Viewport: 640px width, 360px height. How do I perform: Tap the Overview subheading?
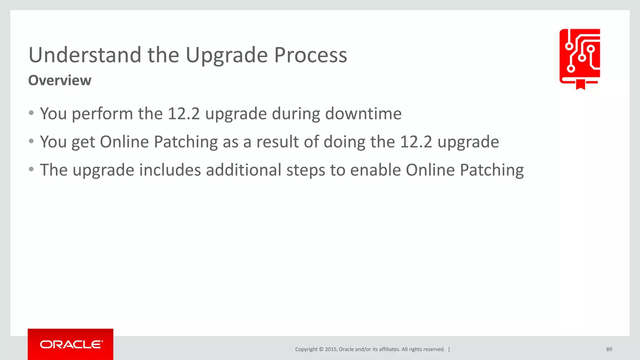(60, 80)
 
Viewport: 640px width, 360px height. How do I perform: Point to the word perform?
(102, 114)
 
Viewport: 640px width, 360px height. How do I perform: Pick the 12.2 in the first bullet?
(183, 113)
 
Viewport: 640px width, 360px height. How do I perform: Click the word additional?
(243, 170)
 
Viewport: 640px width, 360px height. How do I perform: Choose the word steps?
(305, 171)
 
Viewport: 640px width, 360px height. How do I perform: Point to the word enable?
(375, 170)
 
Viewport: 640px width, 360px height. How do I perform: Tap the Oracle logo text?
(71, 344)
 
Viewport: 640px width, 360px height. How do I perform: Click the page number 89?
(609, 349)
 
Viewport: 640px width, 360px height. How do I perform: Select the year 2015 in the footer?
(331, 349)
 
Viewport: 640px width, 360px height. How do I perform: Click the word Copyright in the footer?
(306, 349)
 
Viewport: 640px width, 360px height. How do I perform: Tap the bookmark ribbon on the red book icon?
(580, 84)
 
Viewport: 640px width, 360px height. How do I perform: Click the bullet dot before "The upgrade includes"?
(31, 169)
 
